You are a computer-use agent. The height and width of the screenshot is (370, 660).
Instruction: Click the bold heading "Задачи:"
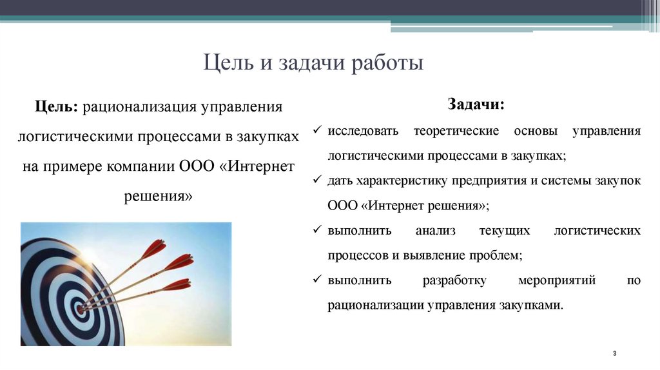tap(476, 104)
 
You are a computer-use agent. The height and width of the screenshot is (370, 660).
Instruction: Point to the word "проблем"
tap(496, 255)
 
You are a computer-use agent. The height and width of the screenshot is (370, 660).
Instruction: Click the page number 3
tap(615, 355)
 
